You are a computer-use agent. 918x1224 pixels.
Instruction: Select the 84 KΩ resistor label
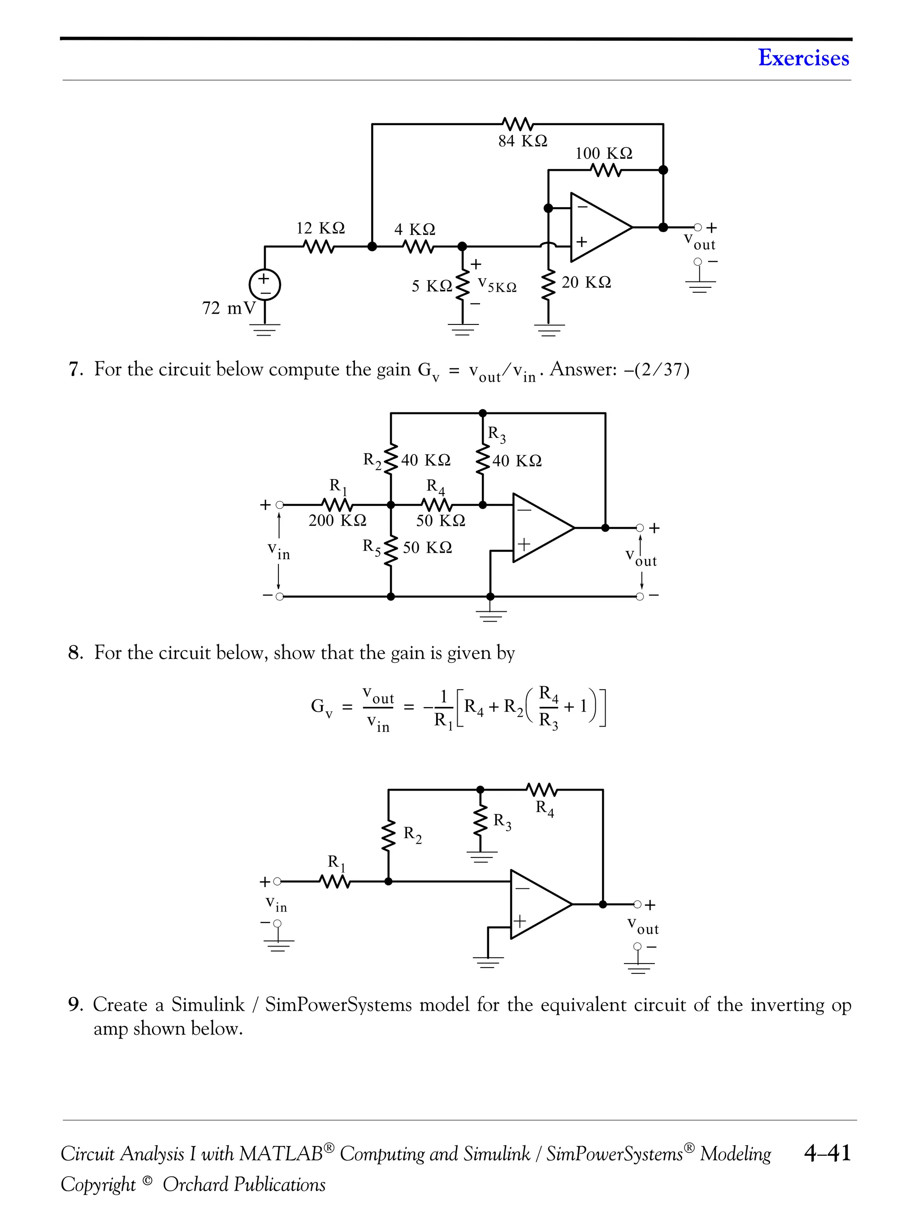[x=522, y=141]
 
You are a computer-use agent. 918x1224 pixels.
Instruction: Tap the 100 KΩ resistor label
[x=603, y=153]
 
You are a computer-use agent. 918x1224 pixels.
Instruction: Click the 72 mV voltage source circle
[x=264, y=285]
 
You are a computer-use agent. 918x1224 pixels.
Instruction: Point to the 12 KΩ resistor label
[x=320, y=228]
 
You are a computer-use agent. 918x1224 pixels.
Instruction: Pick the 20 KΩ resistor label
[x=586, y=282]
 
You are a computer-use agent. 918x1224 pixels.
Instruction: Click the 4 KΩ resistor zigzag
[x=420, y=246]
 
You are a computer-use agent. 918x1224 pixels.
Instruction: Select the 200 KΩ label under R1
[x=337, y=520]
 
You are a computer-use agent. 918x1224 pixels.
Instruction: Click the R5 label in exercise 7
[x=371, y=547]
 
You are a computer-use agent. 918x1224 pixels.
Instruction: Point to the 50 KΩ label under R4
[x=441, y=520]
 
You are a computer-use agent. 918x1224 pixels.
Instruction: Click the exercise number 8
[x=75, y=653]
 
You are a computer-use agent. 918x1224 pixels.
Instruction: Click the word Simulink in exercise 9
[x=208, y=1004]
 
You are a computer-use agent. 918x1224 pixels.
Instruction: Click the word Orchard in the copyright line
[x=195, y=1184]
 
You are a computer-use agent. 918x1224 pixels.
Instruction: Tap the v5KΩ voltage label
[x=497, y=285]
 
